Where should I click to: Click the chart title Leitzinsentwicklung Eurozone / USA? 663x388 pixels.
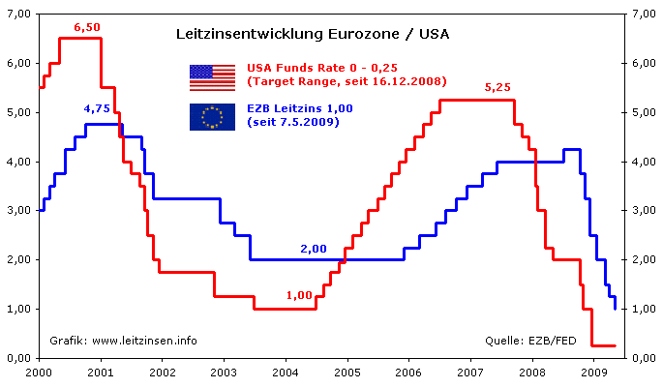pos(312,34)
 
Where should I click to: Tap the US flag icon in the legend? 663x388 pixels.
pos(212,76)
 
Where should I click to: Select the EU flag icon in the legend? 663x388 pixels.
pos(212,117)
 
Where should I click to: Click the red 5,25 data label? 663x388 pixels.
pos(497,87)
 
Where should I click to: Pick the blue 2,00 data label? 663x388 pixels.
pos(313,249)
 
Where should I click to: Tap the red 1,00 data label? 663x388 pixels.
pos(299,294)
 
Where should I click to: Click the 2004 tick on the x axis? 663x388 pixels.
pos(285,371)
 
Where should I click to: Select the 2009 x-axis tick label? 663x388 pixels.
pos(593,371)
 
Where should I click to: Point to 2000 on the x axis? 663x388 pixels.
pos(39,371)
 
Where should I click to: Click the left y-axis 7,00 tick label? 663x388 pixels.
pos(19,14)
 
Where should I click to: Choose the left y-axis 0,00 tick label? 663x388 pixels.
pos(19,358)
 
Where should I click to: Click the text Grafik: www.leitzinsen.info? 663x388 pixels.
pos(124,340)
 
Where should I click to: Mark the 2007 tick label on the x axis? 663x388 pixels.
pos(470,371)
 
